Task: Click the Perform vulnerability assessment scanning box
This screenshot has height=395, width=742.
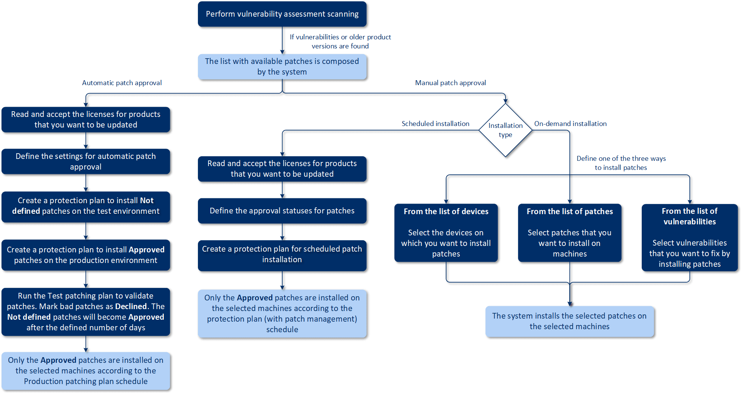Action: point(282,14)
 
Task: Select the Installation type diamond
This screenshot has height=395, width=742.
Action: point(505,130)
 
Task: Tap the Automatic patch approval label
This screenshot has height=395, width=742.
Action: point(122,83)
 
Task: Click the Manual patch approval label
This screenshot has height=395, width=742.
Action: point(450,83)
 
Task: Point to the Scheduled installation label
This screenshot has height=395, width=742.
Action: point(435,124)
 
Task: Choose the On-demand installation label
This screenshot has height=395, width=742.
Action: point(570,124)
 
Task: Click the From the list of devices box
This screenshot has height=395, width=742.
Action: point(446,233)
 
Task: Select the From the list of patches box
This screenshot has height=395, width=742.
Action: point(569,233)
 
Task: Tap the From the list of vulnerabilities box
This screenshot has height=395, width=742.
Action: point(689,238)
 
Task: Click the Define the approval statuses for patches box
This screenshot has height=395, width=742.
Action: point(282,211)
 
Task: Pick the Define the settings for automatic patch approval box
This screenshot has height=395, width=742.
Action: point(86,162)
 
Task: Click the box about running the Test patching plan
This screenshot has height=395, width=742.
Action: point(86,312)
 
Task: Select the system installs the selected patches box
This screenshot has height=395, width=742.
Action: point(569,321)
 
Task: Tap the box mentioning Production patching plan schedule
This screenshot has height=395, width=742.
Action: point(86,371)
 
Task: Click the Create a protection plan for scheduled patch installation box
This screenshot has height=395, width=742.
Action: point(282,255)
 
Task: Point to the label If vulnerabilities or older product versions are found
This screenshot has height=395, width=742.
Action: point(340,42)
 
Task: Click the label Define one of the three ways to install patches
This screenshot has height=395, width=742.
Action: point(621,163)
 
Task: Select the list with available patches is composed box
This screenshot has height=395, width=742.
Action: point(282,67)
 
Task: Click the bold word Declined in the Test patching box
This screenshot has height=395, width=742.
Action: point(131,306)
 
